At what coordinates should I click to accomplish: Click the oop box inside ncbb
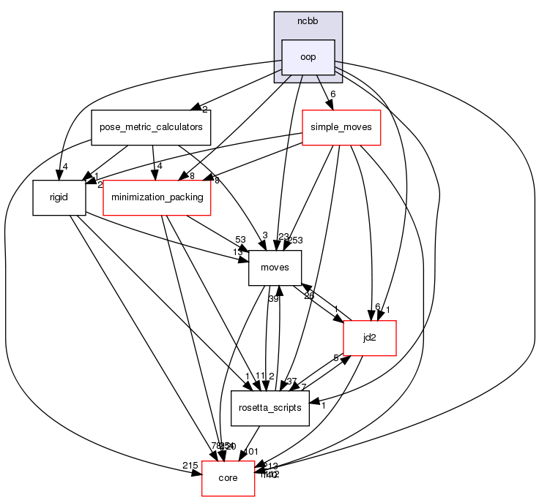click(308, 57)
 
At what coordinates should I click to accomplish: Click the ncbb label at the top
click(308, 20)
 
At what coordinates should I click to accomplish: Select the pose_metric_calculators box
click(151, 126)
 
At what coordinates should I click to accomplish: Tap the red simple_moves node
click(341, 126)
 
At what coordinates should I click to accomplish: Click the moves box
click(275, 267)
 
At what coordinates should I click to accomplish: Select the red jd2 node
click(370, 337)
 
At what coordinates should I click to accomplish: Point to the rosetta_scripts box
click(270, 407)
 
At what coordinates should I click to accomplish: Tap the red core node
click(228, 477)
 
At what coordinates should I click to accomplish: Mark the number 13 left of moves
click(238, 253)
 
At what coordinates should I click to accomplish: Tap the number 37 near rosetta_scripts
click(292, 381)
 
